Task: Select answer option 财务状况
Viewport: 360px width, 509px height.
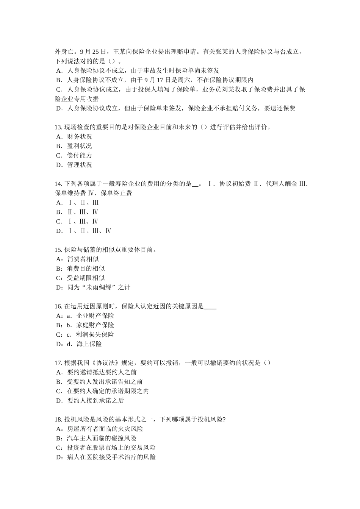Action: tap(79, 137)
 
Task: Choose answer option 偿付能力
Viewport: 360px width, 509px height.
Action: tap(79, 156)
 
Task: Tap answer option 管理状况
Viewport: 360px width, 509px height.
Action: tap(79, 165)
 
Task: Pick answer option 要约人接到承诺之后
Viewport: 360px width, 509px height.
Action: tap(95, 401)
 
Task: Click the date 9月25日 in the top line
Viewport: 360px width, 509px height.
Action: tap(91, 52)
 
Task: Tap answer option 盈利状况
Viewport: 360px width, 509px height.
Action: tap(79, 146)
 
